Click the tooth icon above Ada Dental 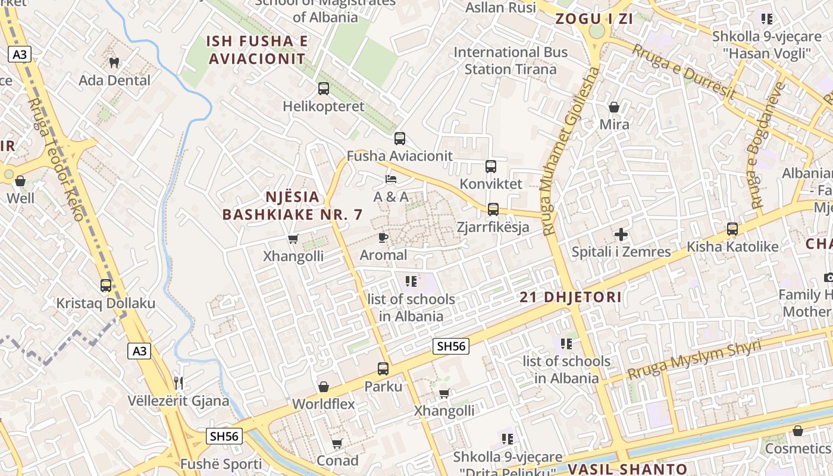pyautogui.click(x=114, y=62)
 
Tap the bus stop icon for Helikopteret pyautogui.click(x=324, y=89)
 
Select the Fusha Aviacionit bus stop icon pyautogui.click(x=400, y=139)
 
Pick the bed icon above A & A pyautogui.click(x=391, y=178)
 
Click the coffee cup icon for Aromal pyautogui.click(x=383, y=238)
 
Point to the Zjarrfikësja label pyautogui.click(x=493, y=227)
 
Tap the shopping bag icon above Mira pyautogui.click(x=614, y=107)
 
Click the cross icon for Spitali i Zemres pyautogui.click(x=621, y=234)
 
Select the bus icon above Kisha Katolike pyautogui.click(x=732, y=229)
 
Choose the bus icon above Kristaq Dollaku pyautogui.click(x=106, y=286)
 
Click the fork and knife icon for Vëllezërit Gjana pyautogui.click(x=178, y=383)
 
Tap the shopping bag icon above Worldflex pyautogui.click(x=324, y=387)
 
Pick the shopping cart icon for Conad pyautogui.click(x=337, y=443)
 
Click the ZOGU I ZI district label pyautogui.click(x=594, y=18)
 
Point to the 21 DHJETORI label pyautogui.click(x=571, y=297)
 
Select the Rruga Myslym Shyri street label pyautogui.click(x=694, y=360)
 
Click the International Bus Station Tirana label pyautogui.click(x=511, y=61)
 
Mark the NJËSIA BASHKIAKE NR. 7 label pyautogui.click(x=292, y=206)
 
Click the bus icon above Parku pyautogui.click(x=383, y=369)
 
